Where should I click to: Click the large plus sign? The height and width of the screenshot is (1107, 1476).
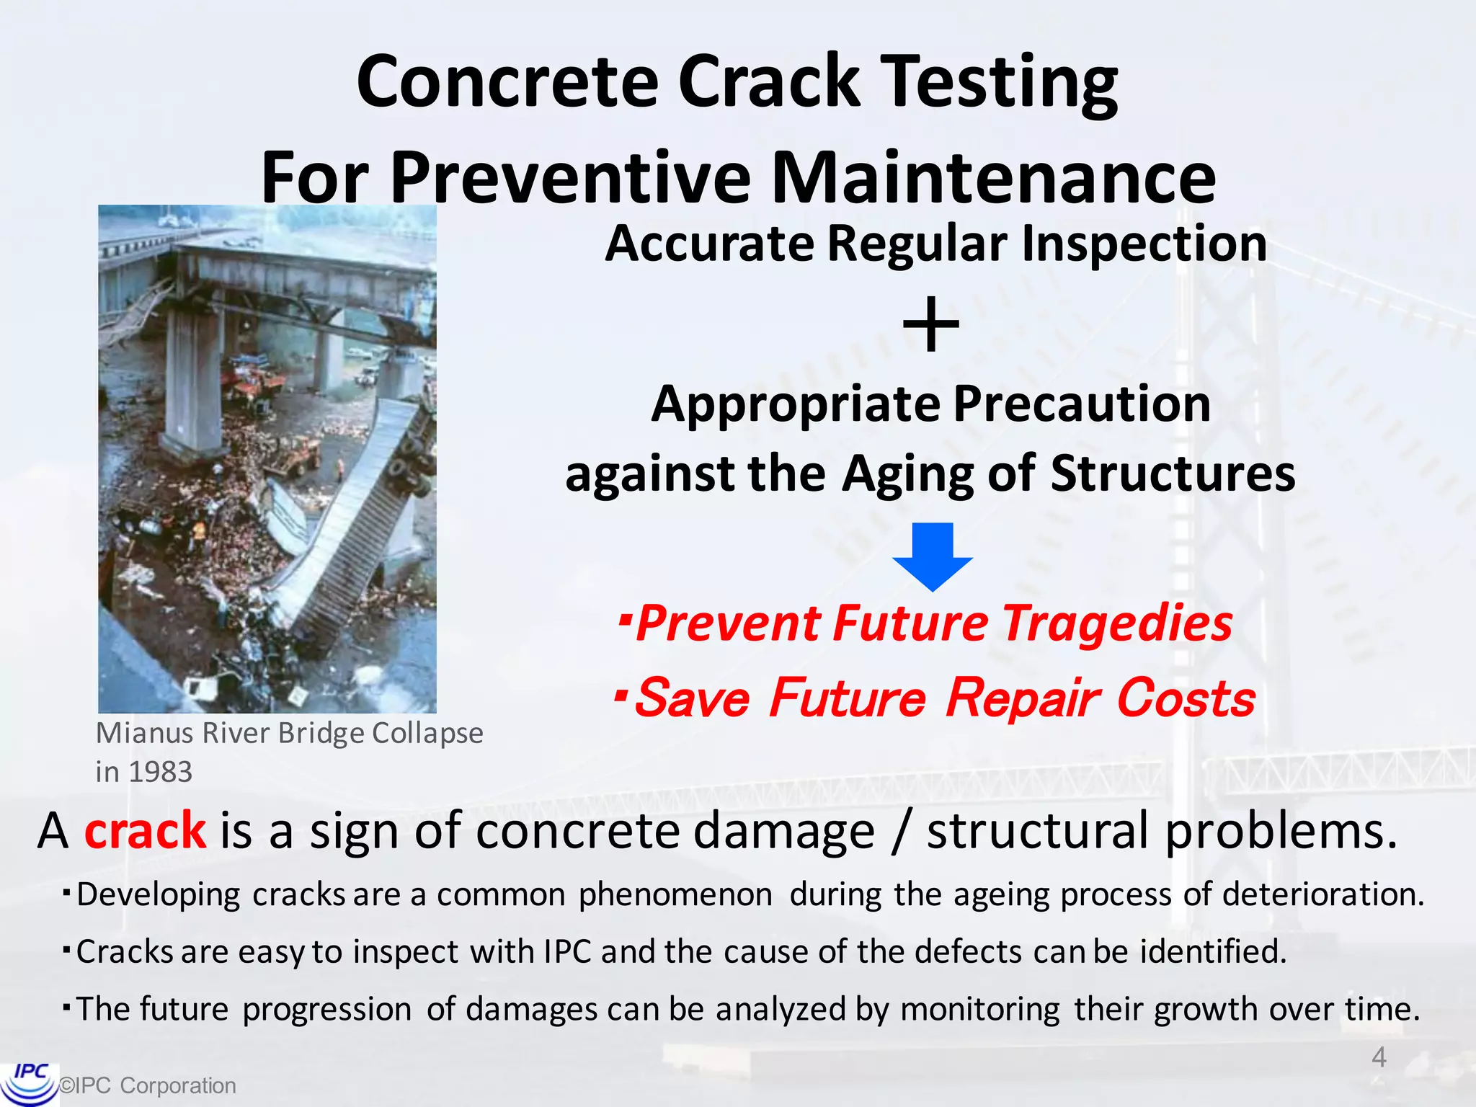931,325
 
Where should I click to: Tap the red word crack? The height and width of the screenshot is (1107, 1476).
145,831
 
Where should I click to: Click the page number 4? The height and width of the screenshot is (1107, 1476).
1379,1057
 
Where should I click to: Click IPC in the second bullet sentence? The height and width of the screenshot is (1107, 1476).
567,952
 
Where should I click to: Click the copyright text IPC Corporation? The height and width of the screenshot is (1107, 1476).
148,1085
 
